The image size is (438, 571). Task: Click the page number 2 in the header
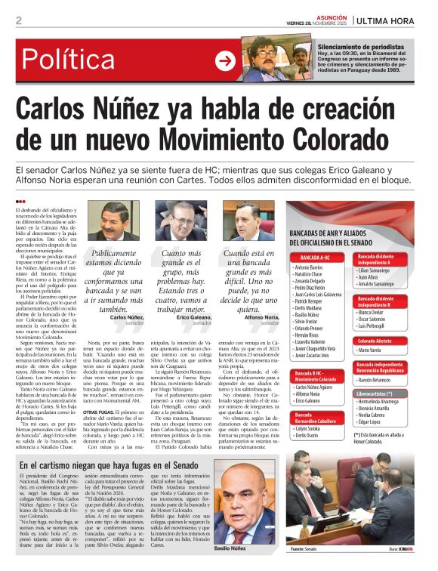(x=18, y=20)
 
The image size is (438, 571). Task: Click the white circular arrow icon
(x=225, y=60)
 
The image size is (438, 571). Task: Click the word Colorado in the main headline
(x=337, y=140)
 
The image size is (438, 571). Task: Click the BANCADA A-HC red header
(x=310, y=258)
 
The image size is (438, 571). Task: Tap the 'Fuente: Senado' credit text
(x=301, y=558)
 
